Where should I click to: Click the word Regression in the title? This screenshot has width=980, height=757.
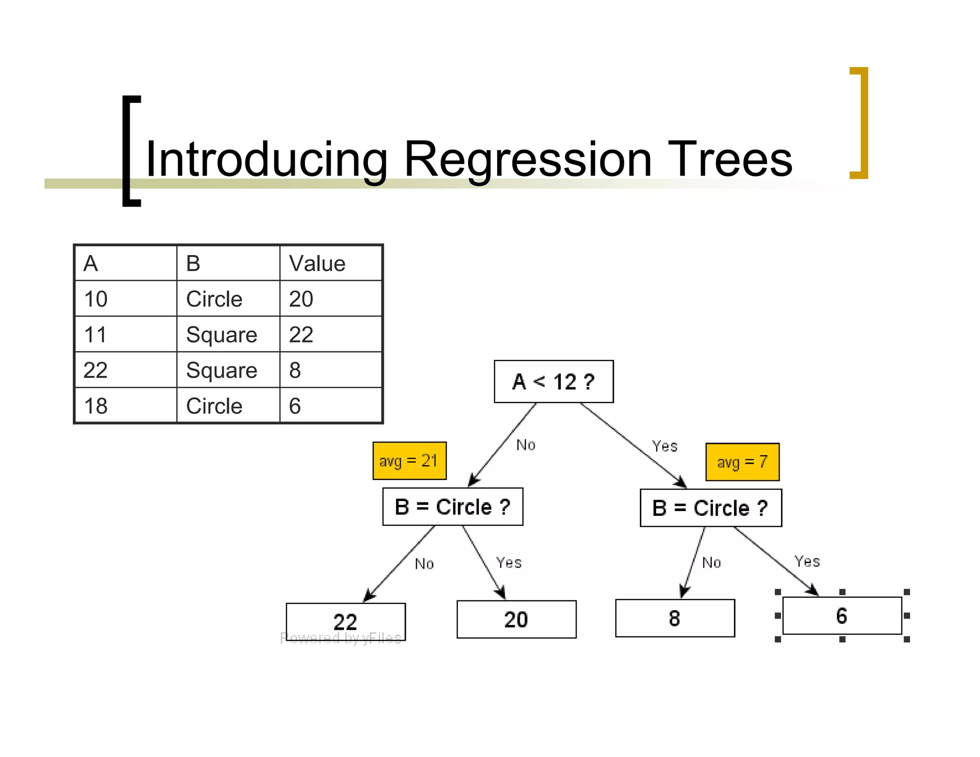tap(527, 160)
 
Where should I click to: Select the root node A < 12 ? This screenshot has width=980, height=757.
tap(553, 382)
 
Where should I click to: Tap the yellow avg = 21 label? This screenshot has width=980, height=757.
tap(409, 461)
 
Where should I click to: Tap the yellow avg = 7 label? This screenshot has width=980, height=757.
tap(742, 462)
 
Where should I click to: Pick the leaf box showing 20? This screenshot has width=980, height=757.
tap(516, 619)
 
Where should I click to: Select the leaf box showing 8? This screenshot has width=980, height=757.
tap(675, 618)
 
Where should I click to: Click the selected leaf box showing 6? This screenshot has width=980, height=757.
tap(842, 616)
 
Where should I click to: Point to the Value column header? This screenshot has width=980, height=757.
tap(330, 263)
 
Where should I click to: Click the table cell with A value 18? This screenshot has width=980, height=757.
tap(125, 406)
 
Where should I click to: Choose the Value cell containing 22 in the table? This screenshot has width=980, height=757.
tap(330, 334)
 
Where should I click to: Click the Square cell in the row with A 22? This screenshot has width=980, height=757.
tap(228, 370)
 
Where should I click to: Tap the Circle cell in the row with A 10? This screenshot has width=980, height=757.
tap(228, 299)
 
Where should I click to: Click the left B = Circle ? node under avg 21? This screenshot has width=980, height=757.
tap(453, 507)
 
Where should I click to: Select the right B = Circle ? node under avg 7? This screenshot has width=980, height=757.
tap(711, 508)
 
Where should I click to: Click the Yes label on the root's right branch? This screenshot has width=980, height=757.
tap(665, 446)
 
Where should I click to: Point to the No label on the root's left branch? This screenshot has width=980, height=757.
tap(525, 445)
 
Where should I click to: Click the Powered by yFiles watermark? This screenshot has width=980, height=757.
tap(341, 638)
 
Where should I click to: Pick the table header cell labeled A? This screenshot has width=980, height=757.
tap(125, 263)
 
